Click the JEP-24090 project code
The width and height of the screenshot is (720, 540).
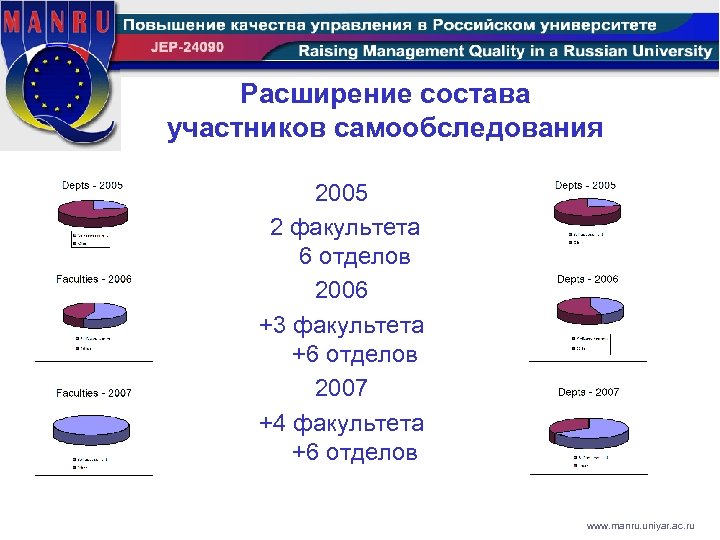pos(189,49)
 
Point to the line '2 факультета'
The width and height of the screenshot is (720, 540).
pos(345,227)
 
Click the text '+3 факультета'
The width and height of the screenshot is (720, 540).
pos(341,325)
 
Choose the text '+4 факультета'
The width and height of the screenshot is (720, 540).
pos(341,423)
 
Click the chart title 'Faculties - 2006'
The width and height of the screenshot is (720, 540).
pos(94,279)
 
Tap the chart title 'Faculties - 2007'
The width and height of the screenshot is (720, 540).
pos(94,393)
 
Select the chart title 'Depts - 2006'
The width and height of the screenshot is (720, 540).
pos(588,279)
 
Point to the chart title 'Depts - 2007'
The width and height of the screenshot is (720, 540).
pos(588,392)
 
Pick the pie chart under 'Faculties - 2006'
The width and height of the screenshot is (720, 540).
pos(95,314)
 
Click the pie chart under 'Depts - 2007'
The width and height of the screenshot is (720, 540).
pos(589,428)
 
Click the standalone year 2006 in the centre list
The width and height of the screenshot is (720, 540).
pos(341,291)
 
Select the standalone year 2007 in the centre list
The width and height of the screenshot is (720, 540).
pos(341,388)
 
